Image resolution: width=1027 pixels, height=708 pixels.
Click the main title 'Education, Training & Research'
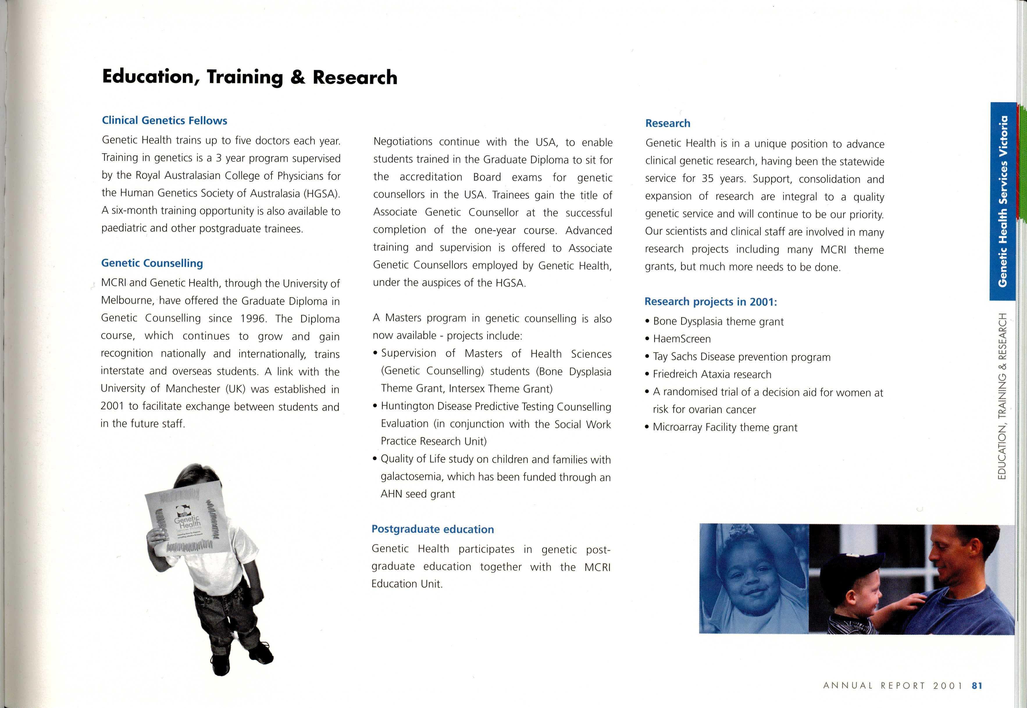(x=249, y=77)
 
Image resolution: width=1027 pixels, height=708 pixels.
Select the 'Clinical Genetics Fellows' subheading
(x=164, y=121)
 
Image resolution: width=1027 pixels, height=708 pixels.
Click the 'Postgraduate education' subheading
(x=432, y=529)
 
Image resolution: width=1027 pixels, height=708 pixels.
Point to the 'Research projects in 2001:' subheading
(x=711, y=302)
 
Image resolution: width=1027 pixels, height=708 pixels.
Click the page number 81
(x=977, y=686)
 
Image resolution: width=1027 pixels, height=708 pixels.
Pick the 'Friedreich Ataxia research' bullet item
(x=712, y=374)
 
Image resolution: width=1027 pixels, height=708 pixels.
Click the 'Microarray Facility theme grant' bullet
(x=725, y=428)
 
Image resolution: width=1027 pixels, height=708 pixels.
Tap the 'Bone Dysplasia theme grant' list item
(x=718, y=322)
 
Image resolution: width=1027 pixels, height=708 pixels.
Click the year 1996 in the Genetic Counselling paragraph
(x=252, y=319)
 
